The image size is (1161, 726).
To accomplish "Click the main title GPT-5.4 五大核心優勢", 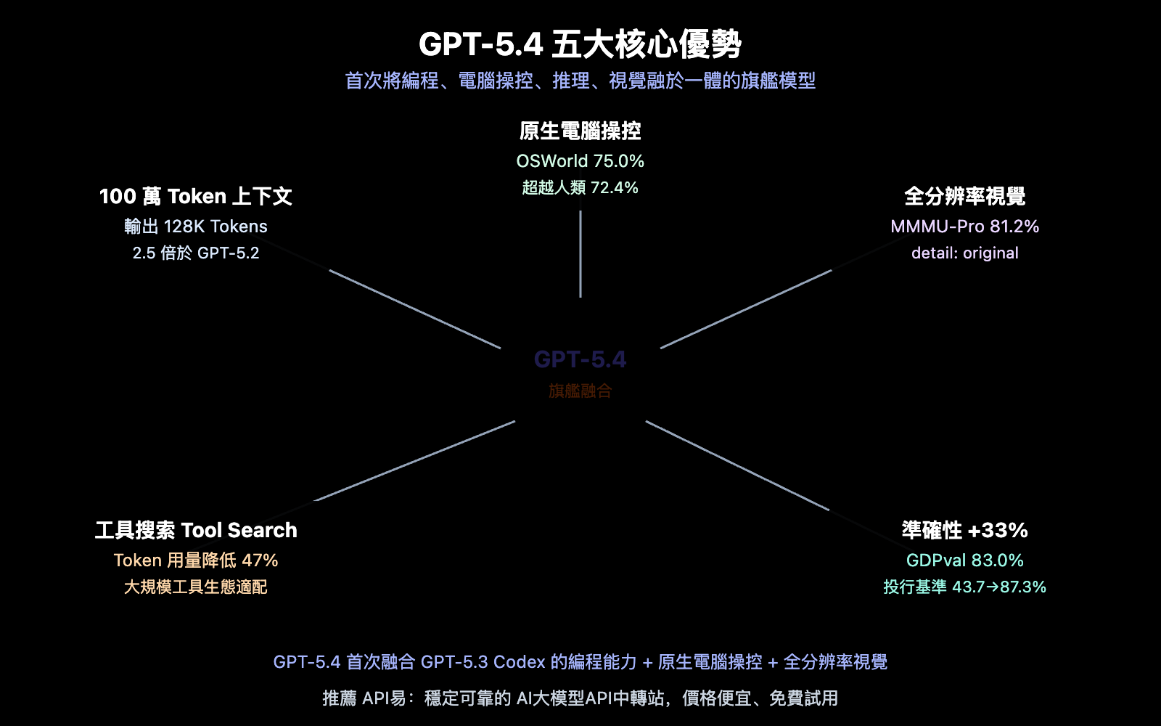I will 580,44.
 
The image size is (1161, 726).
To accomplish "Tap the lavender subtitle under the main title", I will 580,81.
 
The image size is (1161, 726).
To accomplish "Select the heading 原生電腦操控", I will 580,131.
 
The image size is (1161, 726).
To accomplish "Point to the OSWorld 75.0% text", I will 580,161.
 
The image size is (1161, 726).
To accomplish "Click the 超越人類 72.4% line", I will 580,188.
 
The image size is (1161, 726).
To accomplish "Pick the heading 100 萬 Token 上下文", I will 196,197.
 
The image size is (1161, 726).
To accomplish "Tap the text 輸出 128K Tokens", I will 196,227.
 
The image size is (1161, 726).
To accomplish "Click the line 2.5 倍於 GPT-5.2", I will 196,253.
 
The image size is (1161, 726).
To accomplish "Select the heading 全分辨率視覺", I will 964,197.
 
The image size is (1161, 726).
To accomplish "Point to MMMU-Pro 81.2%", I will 964,227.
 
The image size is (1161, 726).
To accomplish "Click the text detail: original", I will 964,253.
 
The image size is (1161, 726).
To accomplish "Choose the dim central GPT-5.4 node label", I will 580,359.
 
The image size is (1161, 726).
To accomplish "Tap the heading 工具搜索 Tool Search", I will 196,531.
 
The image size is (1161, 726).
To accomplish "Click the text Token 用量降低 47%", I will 196,560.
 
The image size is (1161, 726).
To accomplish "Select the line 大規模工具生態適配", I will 196,587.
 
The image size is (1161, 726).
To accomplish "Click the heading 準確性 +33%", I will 964,531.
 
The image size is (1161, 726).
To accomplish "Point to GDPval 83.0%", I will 964,560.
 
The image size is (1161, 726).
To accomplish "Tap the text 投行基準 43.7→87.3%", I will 964,587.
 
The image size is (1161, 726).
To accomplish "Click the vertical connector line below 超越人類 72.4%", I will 580,254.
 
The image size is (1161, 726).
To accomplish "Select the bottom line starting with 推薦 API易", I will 580,698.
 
